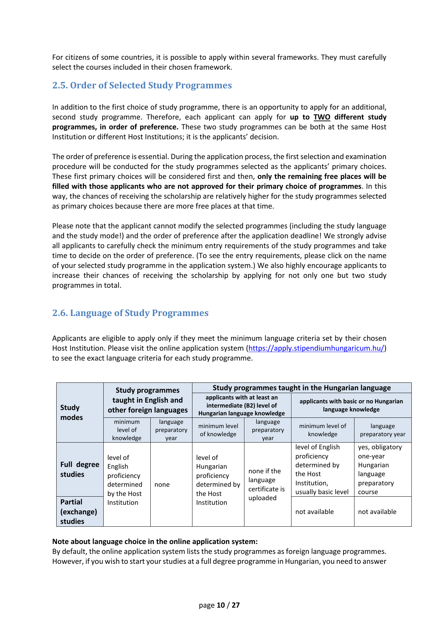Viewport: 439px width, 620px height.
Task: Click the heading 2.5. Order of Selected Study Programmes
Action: tap(142, 86)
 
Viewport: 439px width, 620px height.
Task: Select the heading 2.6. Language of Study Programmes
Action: tap(130, 313)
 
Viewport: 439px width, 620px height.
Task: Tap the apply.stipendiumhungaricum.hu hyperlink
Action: tap(316, 348)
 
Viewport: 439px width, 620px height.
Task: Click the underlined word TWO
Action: tap(322, 117)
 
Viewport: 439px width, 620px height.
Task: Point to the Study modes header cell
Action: tap(71, 413)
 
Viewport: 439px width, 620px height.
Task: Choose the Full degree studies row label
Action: tap(80, 469)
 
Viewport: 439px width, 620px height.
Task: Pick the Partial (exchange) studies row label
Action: tap(79, 511)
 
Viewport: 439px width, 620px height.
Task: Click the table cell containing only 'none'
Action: tap(162, 485)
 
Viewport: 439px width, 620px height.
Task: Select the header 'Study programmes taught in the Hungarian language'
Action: tap(301, 388)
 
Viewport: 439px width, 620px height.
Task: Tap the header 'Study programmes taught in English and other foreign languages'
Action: tap(148, 400)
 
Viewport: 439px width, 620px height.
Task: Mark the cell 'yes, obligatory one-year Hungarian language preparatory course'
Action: tap(380, 469)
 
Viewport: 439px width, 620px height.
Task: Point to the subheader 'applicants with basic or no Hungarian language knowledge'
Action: tap(351, 405)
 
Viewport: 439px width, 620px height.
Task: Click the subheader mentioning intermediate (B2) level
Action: tap(241, 405)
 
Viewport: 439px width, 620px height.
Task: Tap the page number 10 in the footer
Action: tap(221, 605)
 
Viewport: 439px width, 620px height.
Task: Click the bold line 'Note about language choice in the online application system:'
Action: tap(155, 542)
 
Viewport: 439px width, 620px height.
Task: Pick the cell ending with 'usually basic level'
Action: tap(322, 469)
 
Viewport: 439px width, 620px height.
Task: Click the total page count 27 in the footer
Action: tap(236, 605)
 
